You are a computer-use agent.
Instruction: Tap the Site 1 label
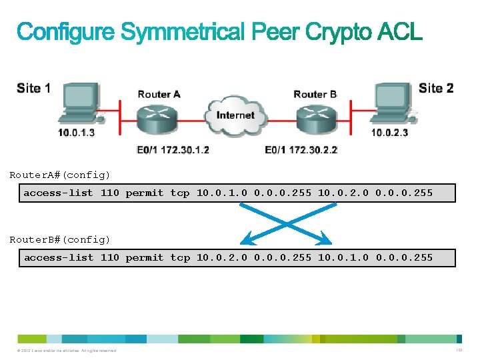click(x=33, y=89)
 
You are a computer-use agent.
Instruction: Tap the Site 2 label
click(x=435, y=89)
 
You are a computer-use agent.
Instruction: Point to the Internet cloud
click(x=235, y=115)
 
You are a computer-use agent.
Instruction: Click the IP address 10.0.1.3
click(x=76, y=133)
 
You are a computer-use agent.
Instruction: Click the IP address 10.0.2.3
click(x=389, y=133)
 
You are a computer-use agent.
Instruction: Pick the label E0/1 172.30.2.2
click(x=301, y=150)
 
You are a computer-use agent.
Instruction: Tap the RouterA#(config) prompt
click(x=60, y=175)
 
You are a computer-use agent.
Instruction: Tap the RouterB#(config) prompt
click(x=60, y=239)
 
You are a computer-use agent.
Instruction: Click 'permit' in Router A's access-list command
click(x=144, y=193)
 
